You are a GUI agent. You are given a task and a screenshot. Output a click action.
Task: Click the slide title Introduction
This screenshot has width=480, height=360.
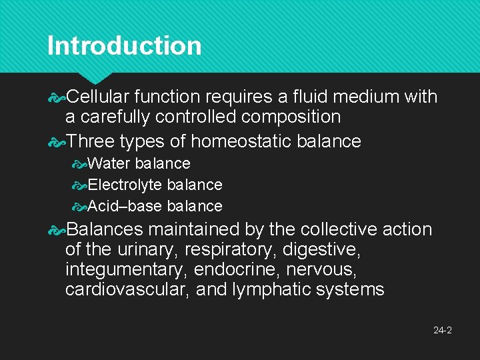coord(124,46)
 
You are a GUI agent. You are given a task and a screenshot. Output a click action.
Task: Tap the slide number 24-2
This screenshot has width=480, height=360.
coord(442,330)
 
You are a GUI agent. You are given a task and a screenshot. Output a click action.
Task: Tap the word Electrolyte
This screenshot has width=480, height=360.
coord(125,185)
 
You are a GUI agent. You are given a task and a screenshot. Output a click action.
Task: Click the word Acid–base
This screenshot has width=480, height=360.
coord(125,206)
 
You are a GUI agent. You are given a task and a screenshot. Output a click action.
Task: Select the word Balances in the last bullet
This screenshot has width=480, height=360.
coord(105,229)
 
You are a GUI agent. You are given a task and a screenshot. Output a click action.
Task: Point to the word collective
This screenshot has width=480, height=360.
coord(339,229)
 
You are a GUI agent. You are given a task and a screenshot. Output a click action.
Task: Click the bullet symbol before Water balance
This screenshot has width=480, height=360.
coord(80,164)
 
